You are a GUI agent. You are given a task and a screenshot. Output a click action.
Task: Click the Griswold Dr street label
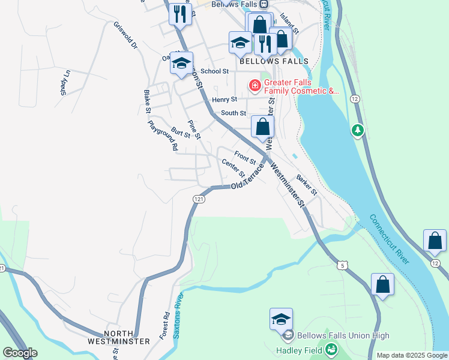point(125,36)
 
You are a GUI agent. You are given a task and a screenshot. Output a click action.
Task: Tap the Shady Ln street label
point(65,83)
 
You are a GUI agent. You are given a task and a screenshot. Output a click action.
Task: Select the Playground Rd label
point(163,136)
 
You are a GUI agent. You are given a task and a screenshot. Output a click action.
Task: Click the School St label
point(215,71)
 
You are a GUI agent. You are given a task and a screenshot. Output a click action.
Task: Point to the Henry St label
point(224,100)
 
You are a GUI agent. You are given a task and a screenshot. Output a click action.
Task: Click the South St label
point(233,113)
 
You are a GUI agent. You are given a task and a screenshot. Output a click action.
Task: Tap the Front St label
point(245,158)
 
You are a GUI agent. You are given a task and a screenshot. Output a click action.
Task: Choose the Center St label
point(234,168)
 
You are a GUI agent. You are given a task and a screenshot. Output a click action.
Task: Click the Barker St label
point(307,185)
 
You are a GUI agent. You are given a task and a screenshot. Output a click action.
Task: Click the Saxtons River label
point(177,316)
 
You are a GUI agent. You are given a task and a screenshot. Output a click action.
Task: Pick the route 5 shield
point(342,265)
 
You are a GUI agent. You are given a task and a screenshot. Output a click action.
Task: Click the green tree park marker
point(358,130)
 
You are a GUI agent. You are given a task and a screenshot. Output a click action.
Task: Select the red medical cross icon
point(255,86)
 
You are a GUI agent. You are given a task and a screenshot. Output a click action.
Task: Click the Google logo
point(20,353)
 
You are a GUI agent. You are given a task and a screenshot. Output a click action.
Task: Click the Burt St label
point(180,132)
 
